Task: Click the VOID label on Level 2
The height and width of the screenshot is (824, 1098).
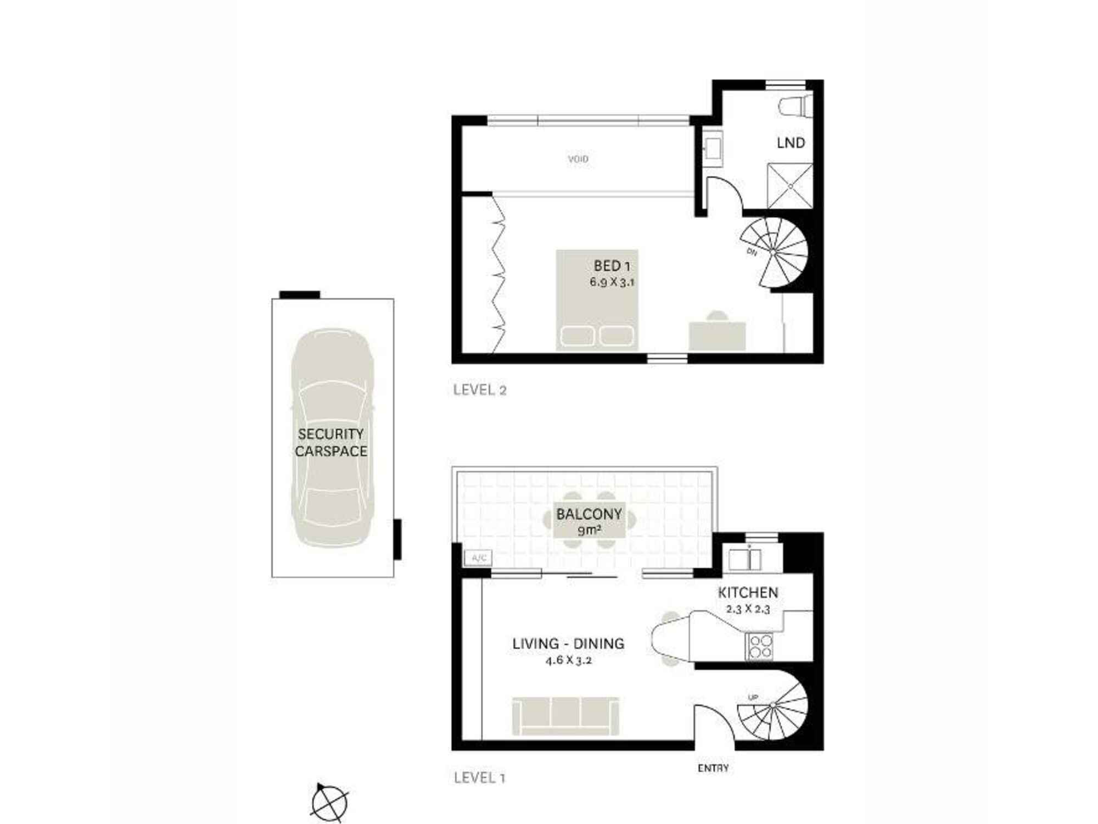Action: (578, 159)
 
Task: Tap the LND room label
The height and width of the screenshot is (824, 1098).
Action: (791, 143)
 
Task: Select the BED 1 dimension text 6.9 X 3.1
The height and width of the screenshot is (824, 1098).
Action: (612, 282)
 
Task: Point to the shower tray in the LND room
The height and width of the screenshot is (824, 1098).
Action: (789, 186)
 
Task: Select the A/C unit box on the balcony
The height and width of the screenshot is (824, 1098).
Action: (478, 558)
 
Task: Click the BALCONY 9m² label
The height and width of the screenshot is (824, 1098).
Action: (589, 521)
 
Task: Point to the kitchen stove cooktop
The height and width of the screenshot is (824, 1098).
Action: (760, 647)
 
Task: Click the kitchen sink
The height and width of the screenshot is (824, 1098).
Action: (744, 559)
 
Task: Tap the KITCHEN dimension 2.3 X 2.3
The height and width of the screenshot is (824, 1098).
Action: (748, 609)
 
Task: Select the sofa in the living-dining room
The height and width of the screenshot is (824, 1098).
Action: (565, 716)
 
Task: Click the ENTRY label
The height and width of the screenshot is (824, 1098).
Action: (713, 768)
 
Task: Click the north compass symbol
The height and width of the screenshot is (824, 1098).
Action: (329, 803)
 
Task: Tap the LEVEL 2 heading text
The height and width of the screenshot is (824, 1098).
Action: (479, 390)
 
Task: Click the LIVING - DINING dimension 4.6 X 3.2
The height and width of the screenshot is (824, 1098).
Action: (568, 660)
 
